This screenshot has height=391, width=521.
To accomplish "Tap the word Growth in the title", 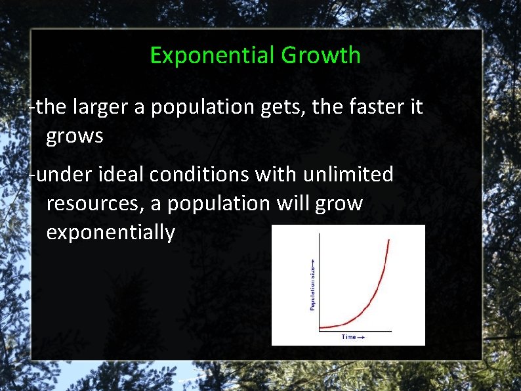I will tap(321, 55).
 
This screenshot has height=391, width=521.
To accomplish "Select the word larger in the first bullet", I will tap(100, 106).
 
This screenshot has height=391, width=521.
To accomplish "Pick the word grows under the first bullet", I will tap(75, 137).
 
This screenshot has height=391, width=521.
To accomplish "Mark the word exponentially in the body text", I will tap(111, 233).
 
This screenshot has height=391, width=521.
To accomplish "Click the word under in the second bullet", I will tap(64, 174).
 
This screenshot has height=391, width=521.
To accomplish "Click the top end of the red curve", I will tap(389, 240).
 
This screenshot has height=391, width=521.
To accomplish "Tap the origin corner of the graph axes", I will tap(319, 331).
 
